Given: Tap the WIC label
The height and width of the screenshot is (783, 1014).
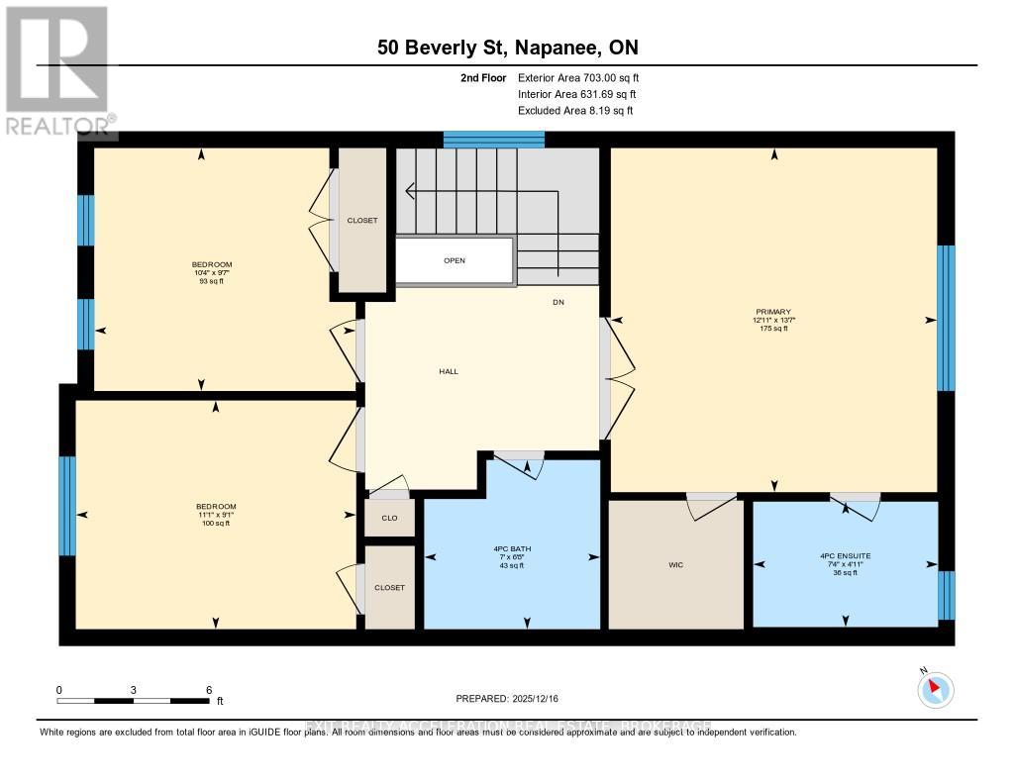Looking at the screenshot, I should tap(675, 565).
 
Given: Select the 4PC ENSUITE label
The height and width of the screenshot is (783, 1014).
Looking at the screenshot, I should tap(845, 556).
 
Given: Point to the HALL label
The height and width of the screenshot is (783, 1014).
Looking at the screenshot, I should tap(449, 371).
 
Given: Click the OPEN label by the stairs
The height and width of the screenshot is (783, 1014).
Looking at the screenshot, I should tap(455, 260).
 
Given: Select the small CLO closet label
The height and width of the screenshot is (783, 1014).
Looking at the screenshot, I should tap(389, 518).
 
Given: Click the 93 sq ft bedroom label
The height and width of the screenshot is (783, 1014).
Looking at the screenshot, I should tap(212, 272).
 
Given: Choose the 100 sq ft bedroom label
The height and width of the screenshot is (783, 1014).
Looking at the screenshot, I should tap(215, 515).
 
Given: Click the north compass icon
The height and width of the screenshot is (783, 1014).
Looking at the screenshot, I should tap(935, 689).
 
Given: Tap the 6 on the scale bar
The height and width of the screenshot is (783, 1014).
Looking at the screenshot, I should tap(209, 689).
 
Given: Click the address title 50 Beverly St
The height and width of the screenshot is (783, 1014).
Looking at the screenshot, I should tap(507, 47).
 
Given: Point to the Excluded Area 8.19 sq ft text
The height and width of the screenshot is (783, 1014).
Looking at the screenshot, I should tap(574, 111).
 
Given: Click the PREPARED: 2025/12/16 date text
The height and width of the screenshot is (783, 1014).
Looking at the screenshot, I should tap(507, 699).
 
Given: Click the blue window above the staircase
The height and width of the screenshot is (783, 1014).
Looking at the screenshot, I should tap(494, 140).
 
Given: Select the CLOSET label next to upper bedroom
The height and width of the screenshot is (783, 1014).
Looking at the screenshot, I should tap(362, 221).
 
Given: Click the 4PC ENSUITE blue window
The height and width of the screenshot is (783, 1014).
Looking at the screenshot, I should tap(947, 595).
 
